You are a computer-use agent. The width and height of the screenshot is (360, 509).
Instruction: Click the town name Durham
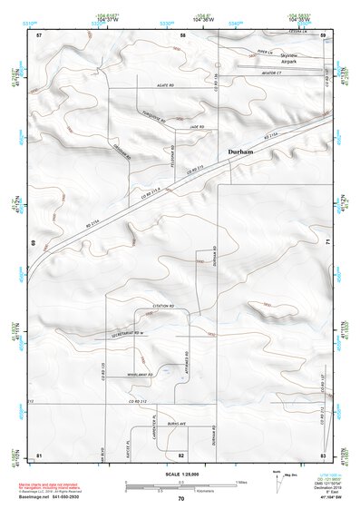(238, 152)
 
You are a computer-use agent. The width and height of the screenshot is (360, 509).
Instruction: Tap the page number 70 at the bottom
(181, 499)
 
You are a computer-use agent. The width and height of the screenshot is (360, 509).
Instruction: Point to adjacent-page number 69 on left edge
(36, 243)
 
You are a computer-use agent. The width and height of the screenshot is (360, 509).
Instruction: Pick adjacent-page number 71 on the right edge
(326, 243)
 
